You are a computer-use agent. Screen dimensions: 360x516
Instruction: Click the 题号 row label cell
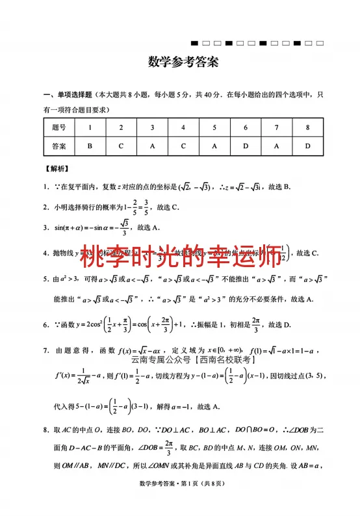59,127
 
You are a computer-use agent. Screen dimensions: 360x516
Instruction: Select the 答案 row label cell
59,146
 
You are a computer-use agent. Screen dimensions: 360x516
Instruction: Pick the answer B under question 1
90,146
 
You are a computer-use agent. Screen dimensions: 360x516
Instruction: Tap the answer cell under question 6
246,146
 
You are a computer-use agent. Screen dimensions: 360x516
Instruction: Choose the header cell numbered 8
307,127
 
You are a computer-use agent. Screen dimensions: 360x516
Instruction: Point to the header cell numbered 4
183,127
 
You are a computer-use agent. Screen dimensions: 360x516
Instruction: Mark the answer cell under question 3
152,146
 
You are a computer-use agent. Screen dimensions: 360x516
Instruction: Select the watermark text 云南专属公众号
161,358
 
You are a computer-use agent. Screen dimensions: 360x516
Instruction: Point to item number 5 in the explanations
46,279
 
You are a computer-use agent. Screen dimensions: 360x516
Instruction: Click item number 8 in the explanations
46,430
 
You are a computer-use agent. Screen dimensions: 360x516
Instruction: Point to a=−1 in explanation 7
183,406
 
